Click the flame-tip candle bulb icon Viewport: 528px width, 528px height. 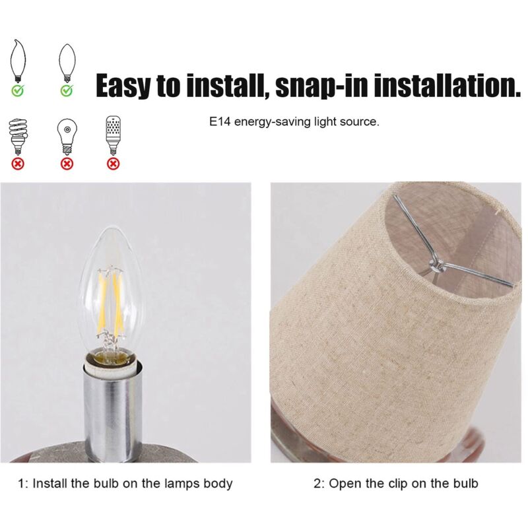(18, 61)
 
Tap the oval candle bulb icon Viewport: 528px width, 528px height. (67, 63)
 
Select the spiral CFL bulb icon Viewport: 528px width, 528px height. (18, 136)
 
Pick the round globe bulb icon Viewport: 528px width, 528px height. (67, 136)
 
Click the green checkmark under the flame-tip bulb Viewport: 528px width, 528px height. (18, 90)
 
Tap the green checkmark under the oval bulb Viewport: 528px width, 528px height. (67, 90)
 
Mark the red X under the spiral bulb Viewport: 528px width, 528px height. (18, 164)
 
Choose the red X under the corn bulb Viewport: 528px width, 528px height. (113, 164)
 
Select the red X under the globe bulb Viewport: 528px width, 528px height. (67, 164)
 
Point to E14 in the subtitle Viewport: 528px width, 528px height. (220, 121)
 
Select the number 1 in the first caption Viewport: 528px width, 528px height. (21, 484)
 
